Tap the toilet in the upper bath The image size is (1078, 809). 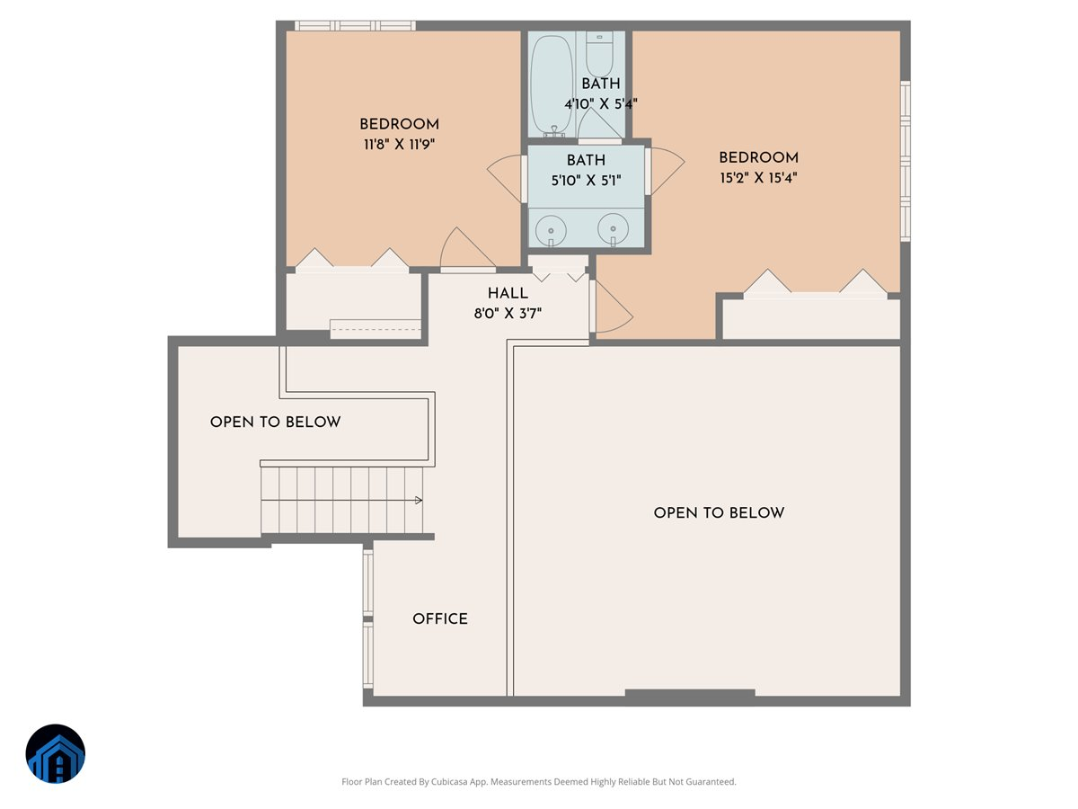pyautogui.click(x=599, y=54)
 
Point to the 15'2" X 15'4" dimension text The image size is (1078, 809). pyautogui.click(x=758, y=177)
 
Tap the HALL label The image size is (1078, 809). pyautogui.click(x=508, y=294)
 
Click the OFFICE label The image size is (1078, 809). pyautogui.click(x=440, y=619)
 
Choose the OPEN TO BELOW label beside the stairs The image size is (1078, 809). pyautogui.click(x=275, y=422)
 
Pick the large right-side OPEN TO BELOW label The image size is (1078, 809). pyautogui.click(x=719, y=513)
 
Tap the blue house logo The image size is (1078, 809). pyautogui.click(x=56, y=754)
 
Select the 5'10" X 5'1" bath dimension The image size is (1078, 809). pyautogui.click(x=585, y=179)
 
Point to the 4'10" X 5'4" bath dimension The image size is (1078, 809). pyautogui.click(x=600, y=103)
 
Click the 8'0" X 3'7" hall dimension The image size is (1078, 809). pyautogui.click(x=508, y=313)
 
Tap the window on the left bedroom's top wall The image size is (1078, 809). pyautogui.click(x=355, y=26)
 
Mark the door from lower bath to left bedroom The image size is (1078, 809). pyautogui.click(x=508, y=178)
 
